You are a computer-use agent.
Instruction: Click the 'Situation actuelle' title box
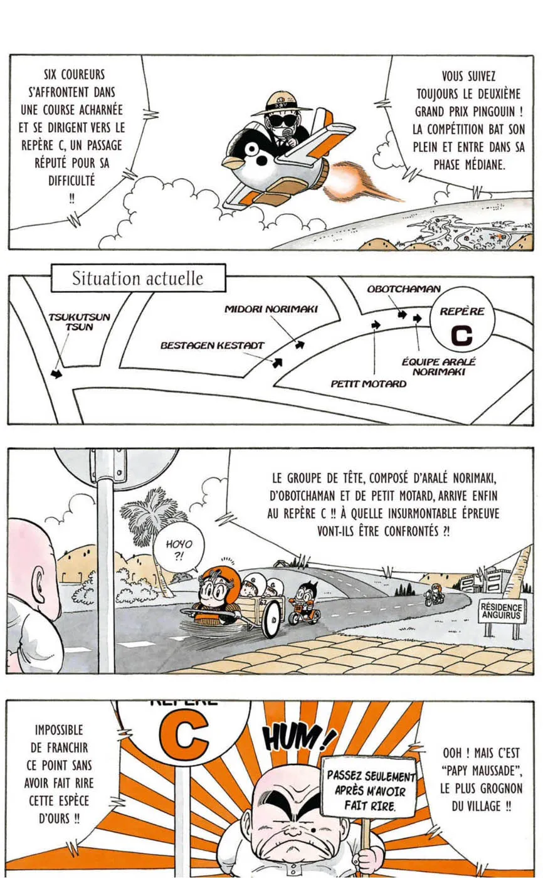(139, 278)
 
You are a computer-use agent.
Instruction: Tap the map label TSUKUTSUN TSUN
(79, 322)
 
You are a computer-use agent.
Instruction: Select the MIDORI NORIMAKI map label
(271, 309)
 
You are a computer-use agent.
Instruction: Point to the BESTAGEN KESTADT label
(213, 346)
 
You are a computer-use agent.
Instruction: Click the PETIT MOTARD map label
(368, 383)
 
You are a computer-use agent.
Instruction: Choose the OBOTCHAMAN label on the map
(404, 289)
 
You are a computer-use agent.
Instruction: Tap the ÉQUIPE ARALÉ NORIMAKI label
(438, 366)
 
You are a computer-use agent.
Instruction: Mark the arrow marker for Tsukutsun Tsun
(57, 374)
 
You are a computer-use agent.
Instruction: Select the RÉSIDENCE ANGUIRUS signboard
(502, 611)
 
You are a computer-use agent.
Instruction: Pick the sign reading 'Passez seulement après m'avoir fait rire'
(369, 791)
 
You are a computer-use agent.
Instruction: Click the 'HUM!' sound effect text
(298, 738)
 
